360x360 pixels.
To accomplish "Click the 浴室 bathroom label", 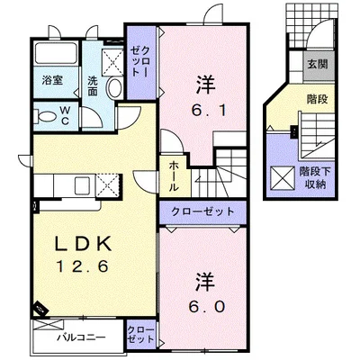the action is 52,80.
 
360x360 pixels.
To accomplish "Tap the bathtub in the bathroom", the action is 56,53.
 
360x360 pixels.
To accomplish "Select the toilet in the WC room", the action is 46,116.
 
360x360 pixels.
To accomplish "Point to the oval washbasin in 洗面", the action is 114,87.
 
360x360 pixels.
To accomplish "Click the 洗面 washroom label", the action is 93,86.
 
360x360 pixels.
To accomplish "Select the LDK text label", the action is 83,244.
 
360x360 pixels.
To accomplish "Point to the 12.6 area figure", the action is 83,266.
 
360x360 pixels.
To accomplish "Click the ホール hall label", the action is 174,176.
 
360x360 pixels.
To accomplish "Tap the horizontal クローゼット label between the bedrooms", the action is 202,211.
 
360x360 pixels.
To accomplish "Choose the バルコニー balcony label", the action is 82,337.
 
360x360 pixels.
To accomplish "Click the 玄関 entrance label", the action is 318,64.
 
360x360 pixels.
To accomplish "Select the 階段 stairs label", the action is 317,99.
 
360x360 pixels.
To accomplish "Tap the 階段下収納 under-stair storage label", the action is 315,178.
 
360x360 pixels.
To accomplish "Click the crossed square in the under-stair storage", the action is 283,178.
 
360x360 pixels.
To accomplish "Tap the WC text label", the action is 66,116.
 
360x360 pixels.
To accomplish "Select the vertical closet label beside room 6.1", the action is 140,62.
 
